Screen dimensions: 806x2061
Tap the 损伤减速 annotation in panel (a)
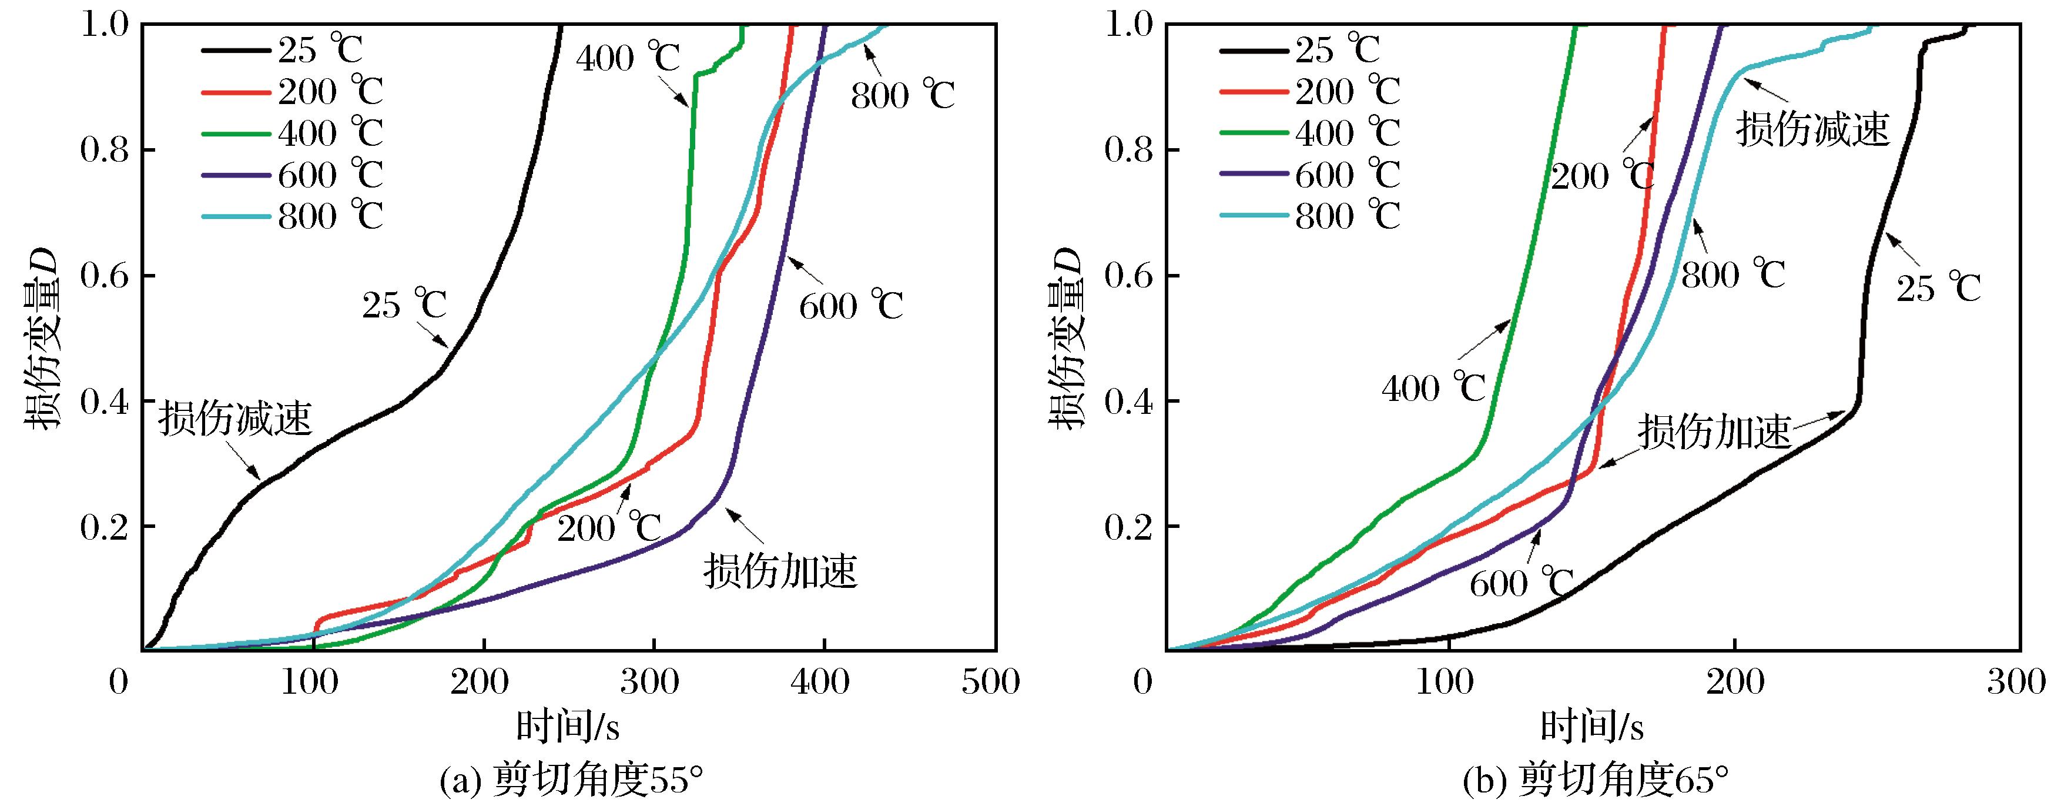[x=234, y=419]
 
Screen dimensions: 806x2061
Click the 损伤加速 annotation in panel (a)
[x=780, y=571]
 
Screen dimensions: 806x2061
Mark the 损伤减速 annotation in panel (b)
[x=1812, y=128]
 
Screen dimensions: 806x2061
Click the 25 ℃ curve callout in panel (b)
[x=1938, y=288]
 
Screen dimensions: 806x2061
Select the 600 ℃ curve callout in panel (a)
[x=850, y=306]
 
